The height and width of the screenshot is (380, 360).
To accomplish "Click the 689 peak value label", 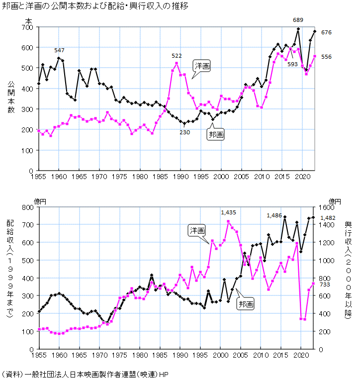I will click(x=298, y=20).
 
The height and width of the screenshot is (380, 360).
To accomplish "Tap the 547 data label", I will click(x=60, y=50).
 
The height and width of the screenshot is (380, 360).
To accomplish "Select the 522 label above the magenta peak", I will click(x=177, y=55).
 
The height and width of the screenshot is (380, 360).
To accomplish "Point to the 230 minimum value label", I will click(x=184, y=132).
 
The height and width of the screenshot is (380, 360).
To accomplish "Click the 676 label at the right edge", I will click(x=326, y=32).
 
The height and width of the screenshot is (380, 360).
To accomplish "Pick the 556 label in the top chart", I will click(x=326, y=57).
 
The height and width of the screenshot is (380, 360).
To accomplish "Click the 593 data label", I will click(x=292, y=64).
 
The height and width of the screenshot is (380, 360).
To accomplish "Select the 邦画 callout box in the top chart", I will click(x=215, y=134).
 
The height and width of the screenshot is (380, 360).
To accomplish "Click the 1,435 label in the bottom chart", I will click(x=229, y=212).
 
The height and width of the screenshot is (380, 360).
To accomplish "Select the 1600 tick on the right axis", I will click(x=326, y=207).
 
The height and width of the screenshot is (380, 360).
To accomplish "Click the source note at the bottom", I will click(x=85, y=374).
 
